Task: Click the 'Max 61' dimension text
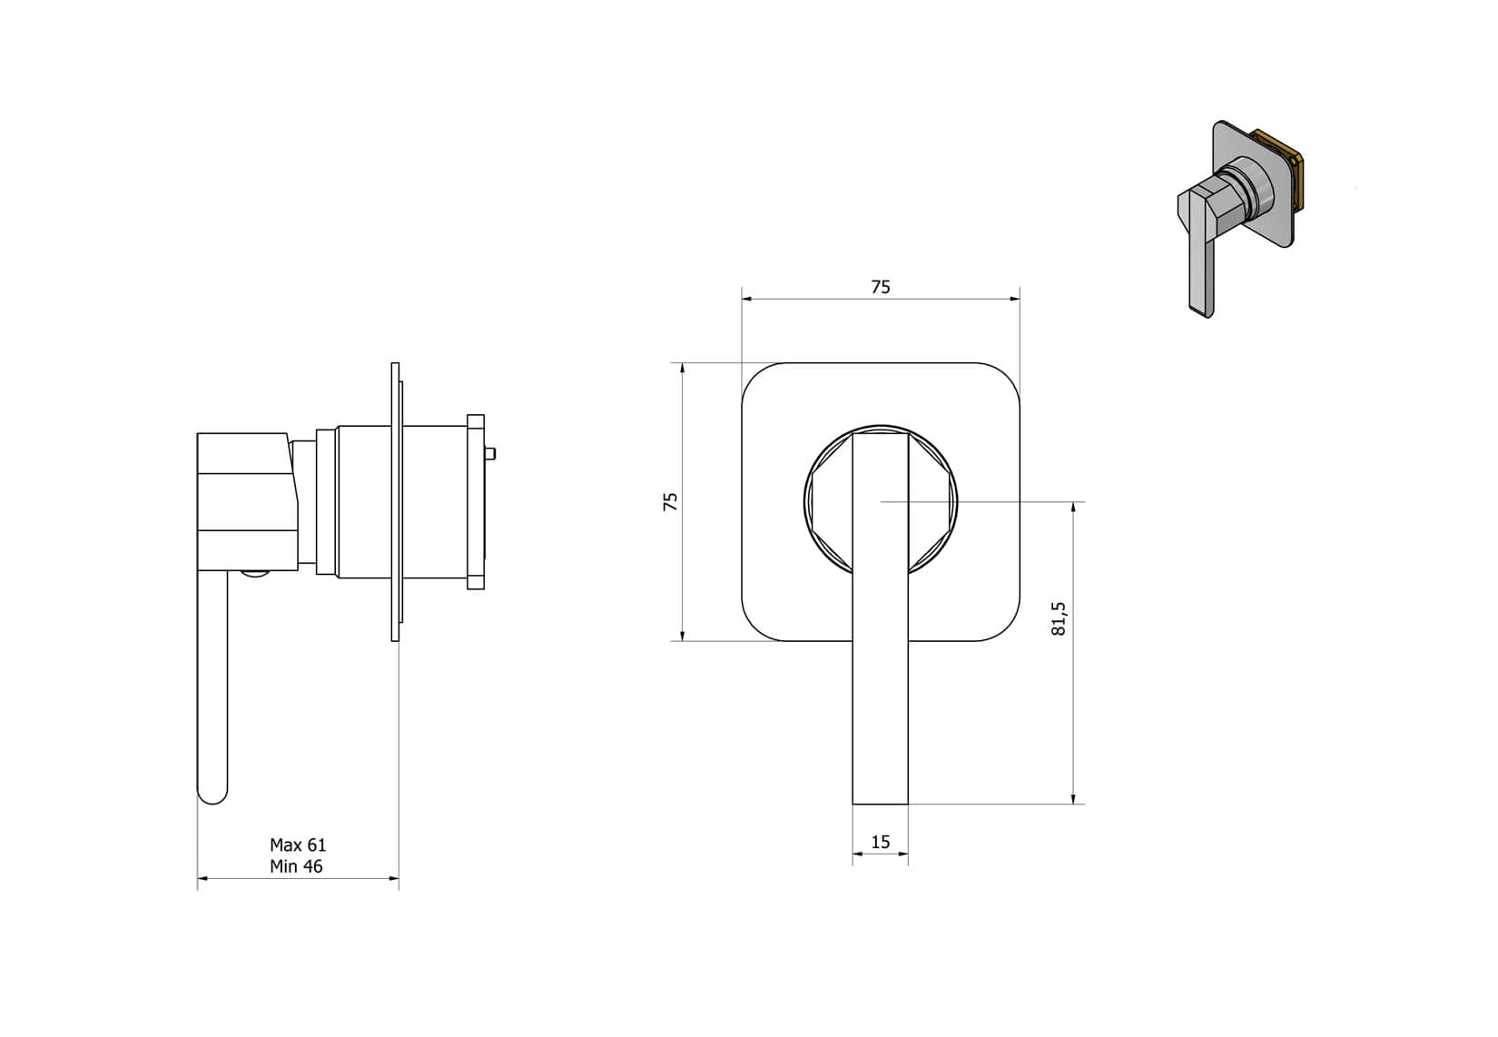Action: click(298, 845)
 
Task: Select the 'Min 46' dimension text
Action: click(296, 867)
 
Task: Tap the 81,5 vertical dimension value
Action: click(1059, 618)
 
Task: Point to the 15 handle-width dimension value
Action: click(881, 843)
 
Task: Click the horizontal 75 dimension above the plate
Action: click(881, 288)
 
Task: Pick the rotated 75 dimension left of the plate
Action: click(671, 502)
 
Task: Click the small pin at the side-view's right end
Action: click(490, 453)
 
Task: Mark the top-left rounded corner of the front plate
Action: click(759, 380)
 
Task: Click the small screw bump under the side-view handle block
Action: click(255, 574)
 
